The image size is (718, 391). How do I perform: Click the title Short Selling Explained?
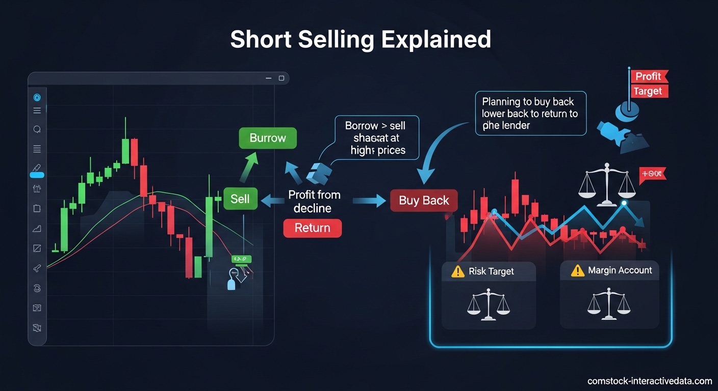(x=361, y=39)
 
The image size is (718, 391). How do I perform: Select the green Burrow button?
(x=268, y=138)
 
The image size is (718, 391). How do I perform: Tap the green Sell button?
(x=240, y=199)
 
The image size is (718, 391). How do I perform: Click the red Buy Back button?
(x=424, y=200)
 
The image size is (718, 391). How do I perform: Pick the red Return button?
(x=312, y=228)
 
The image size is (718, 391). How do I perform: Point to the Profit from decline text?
(x=314, y=201)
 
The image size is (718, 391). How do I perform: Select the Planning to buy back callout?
(x=530, y=114)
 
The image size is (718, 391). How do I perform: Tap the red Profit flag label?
(x=648, y=76)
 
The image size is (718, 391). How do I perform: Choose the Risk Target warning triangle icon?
(x=458, y=271)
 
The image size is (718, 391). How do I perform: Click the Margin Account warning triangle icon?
(x=577, y=270)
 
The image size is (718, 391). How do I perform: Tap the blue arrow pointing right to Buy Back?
(x=369, y=201)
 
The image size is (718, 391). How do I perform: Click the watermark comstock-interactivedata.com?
(x=649, y=381)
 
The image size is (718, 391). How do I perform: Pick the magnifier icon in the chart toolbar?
(x=37, y=129)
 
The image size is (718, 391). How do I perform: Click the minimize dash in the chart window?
(x=269, y=78)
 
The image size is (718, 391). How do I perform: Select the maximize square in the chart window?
(x=281, y=78)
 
